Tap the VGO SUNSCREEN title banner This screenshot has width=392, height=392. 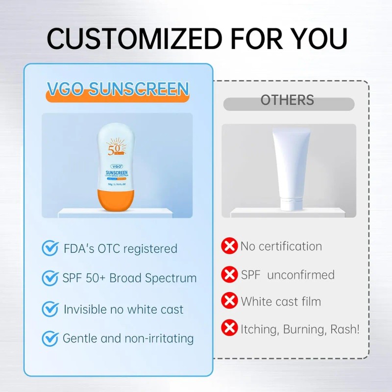[x=118, y=89]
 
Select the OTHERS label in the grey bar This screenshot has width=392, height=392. [x=287, y=100]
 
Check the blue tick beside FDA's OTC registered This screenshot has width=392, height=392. [x=50, y=248]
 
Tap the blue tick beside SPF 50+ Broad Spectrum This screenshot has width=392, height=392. [x=50, y=278]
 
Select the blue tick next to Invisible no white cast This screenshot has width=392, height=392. [x=50, y=309]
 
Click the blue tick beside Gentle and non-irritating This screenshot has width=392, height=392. [x=50, y=338]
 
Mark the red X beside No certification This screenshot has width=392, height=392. [x=229, y=246]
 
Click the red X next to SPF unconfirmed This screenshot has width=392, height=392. [x=229, y=274]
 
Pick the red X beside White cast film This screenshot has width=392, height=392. [x=229, y=300]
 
